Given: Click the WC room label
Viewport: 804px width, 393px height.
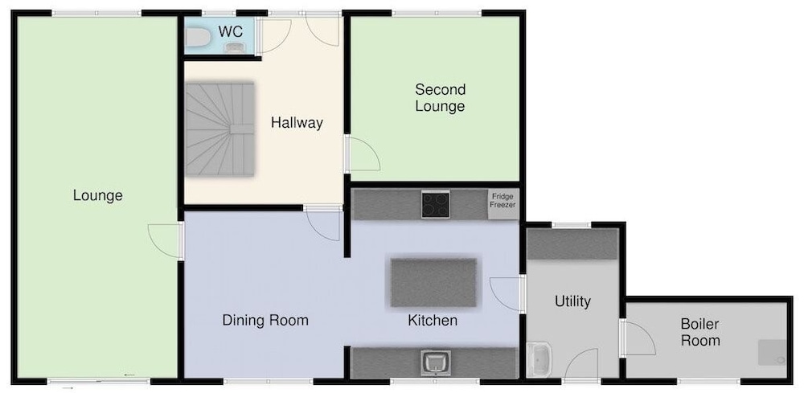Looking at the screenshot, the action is [x=230, y=31].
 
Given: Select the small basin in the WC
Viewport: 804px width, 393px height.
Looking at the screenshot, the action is [x=234, y=47].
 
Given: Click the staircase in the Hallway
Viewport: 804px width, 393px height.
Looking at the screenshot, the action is [x=220, y=129].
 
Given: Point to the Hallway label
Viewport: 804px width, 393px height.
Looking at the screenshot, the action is [x=297, y=123].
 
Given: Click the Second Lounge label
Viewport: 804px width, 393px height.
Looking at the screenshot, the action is [x=440, y=98].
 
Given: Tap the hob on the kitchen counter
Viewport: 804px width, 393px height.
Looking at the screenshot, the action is [x=435, y=204].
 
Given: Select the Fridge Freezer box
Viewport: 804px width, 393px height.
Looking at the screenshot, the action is [x=503, y=204].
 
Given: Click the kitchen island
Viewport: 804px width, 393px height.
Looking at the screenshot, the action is [x=434, y=282].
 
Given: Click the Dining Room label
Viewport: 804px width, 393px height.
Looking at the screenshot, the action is [x=265, y=321].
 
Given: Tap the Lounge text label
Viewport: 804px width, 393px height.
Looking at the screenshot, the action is [x=98, y=195].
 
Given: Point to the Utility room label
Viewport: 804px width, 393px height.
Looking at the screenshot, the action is [x=572, y=301].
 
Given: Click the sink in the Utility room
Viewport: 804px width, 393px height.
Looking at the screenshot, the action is [x=539, y=358].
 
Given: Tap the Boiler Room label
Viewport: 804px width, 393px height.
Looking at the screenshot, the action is [x=700, y=332].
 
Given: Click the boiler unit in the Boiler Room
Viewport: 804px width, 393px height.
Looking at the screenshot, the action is [x=772, y=353].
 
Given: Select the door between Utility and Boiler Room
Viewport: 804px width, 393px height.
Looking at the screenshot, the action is [x=638, y=338].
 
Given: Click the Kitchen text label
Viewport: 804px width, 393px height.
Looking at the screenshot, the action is [x=433, y=321].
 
